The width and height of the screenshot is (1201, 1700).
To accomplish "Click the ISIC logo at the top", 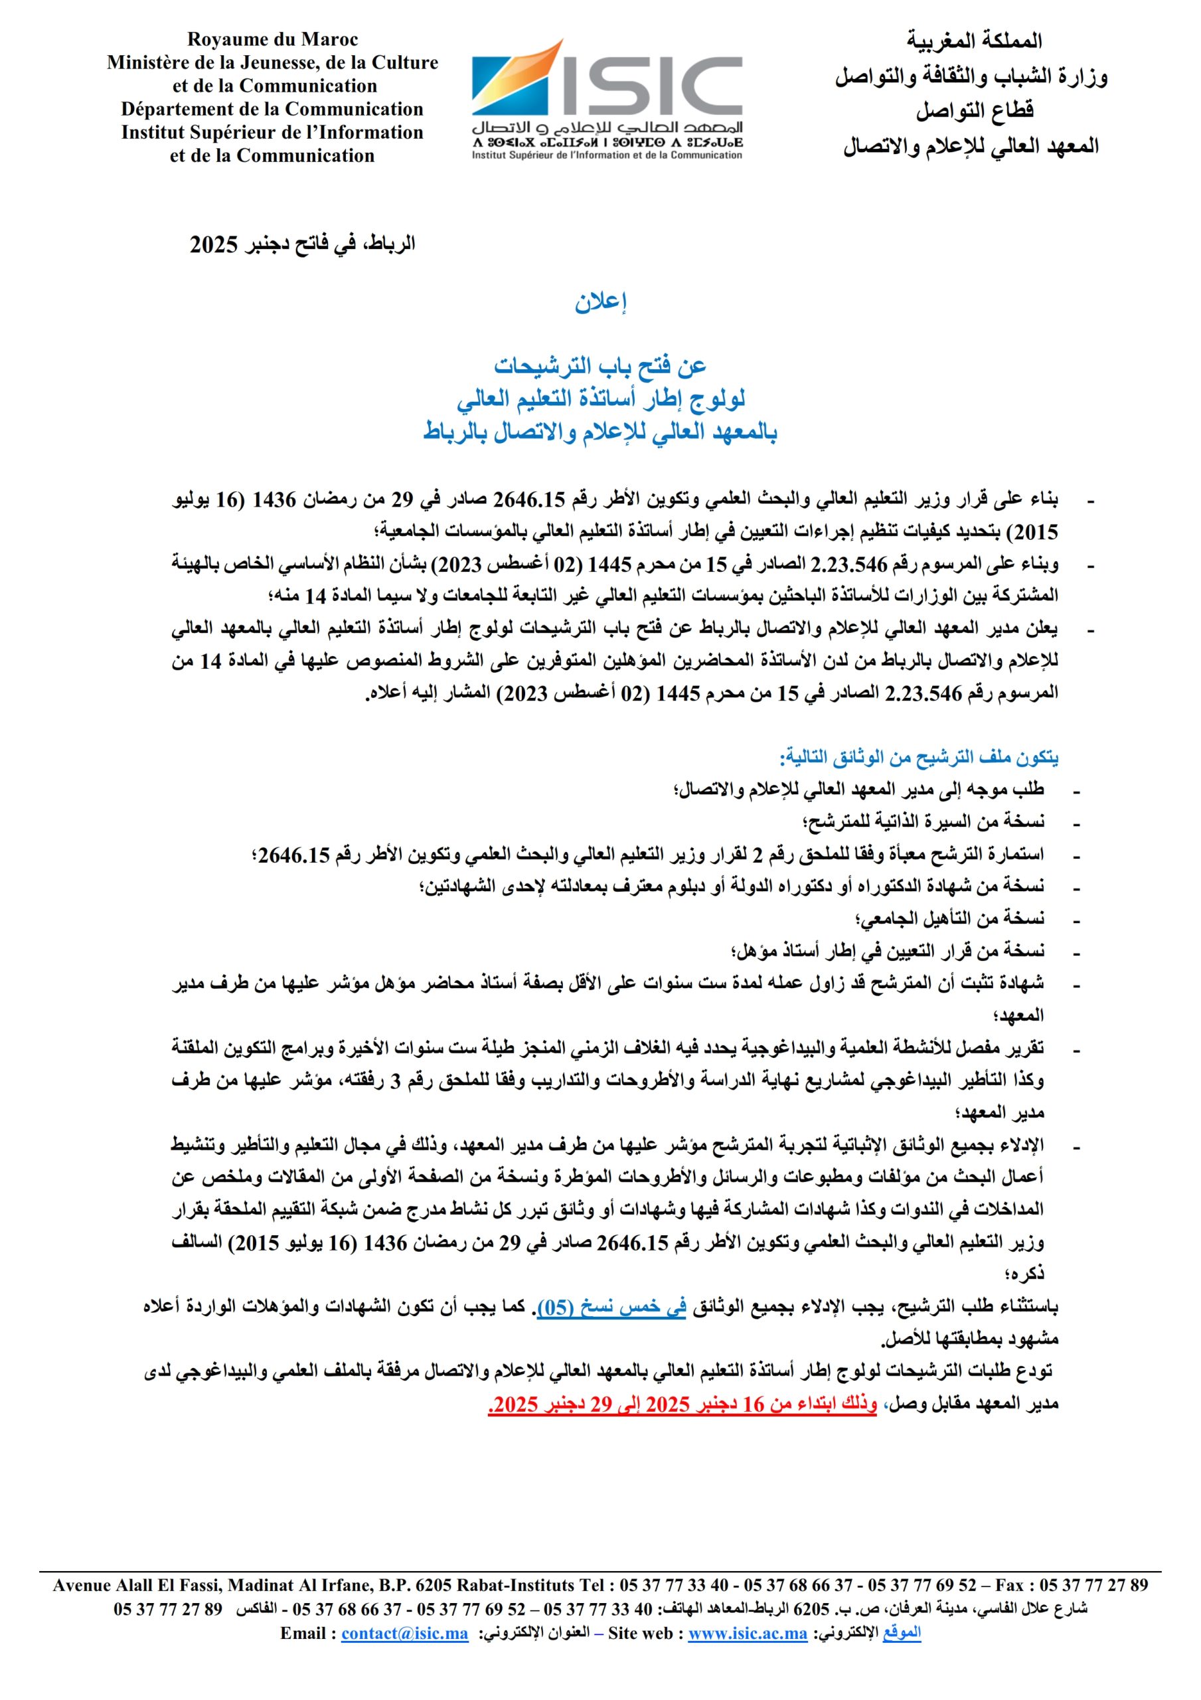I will click(607, 98).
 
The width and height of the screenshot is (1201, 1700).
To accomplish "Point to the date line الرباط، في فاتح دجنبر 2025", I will click(302, 244).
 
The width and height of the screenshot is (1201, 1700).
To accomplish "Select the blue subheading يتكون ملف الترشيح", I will click(918, 758).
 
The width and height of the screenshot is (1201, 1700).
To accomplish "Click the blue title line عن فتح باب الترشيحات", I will click(600, 366).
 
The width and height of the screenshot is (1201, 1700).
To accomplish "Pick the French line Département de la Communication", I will click(272, 110).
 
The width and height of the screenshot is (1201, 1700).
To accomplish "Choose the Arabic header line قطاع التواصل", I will click(975, 111).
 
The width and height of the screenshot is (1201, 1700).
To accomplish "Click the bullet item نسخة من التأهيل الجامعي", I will click(949, 919).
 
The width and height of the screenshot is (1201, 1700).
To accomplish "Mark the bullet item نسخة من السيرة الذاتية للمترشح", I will click(923, 822).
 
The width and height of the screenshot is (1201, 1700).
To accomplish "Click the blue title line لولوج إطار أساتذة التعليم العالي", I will click(600, 400).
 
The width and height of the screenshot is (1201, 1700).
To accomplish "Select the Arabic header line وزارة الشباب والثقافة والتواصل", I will click(971, 76).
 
